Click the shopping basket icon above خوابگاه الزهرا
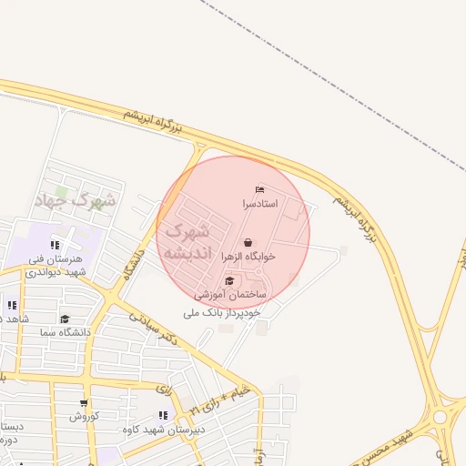click(248, 242)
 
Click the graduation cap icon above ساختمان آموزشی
click(229, 281)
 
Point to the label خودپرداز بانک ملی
click(221, 312)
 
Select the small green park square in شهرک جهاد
click(61, 192)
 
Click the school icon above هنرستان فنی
click(56, 244)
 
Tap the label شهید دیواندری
click(56, 271)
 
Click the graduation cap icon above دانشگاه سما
click(65, 319)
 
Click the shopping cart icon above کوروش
click(85, 403)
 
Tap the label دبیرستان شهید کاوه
click(164, 430)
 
